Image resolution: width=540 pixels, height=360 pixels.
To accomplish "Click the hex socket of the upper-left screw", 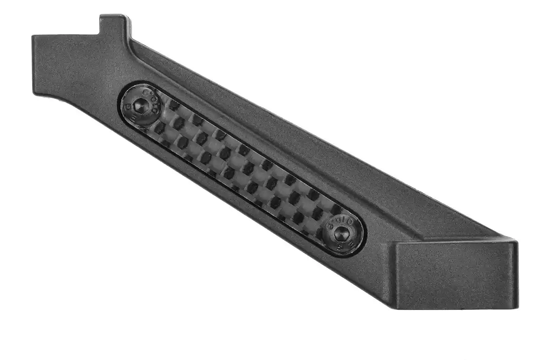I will (x=141, y=106).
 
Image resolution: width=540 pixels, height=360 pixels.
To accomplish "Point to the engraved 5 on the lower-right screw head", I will (x=340, y=247).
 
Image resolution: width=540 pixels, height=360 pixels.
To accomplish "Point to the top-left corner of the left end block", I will (x=33, y=36).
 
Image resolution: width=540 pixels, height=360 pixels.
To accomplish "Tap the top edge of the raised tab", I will (x=113, y=16).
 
